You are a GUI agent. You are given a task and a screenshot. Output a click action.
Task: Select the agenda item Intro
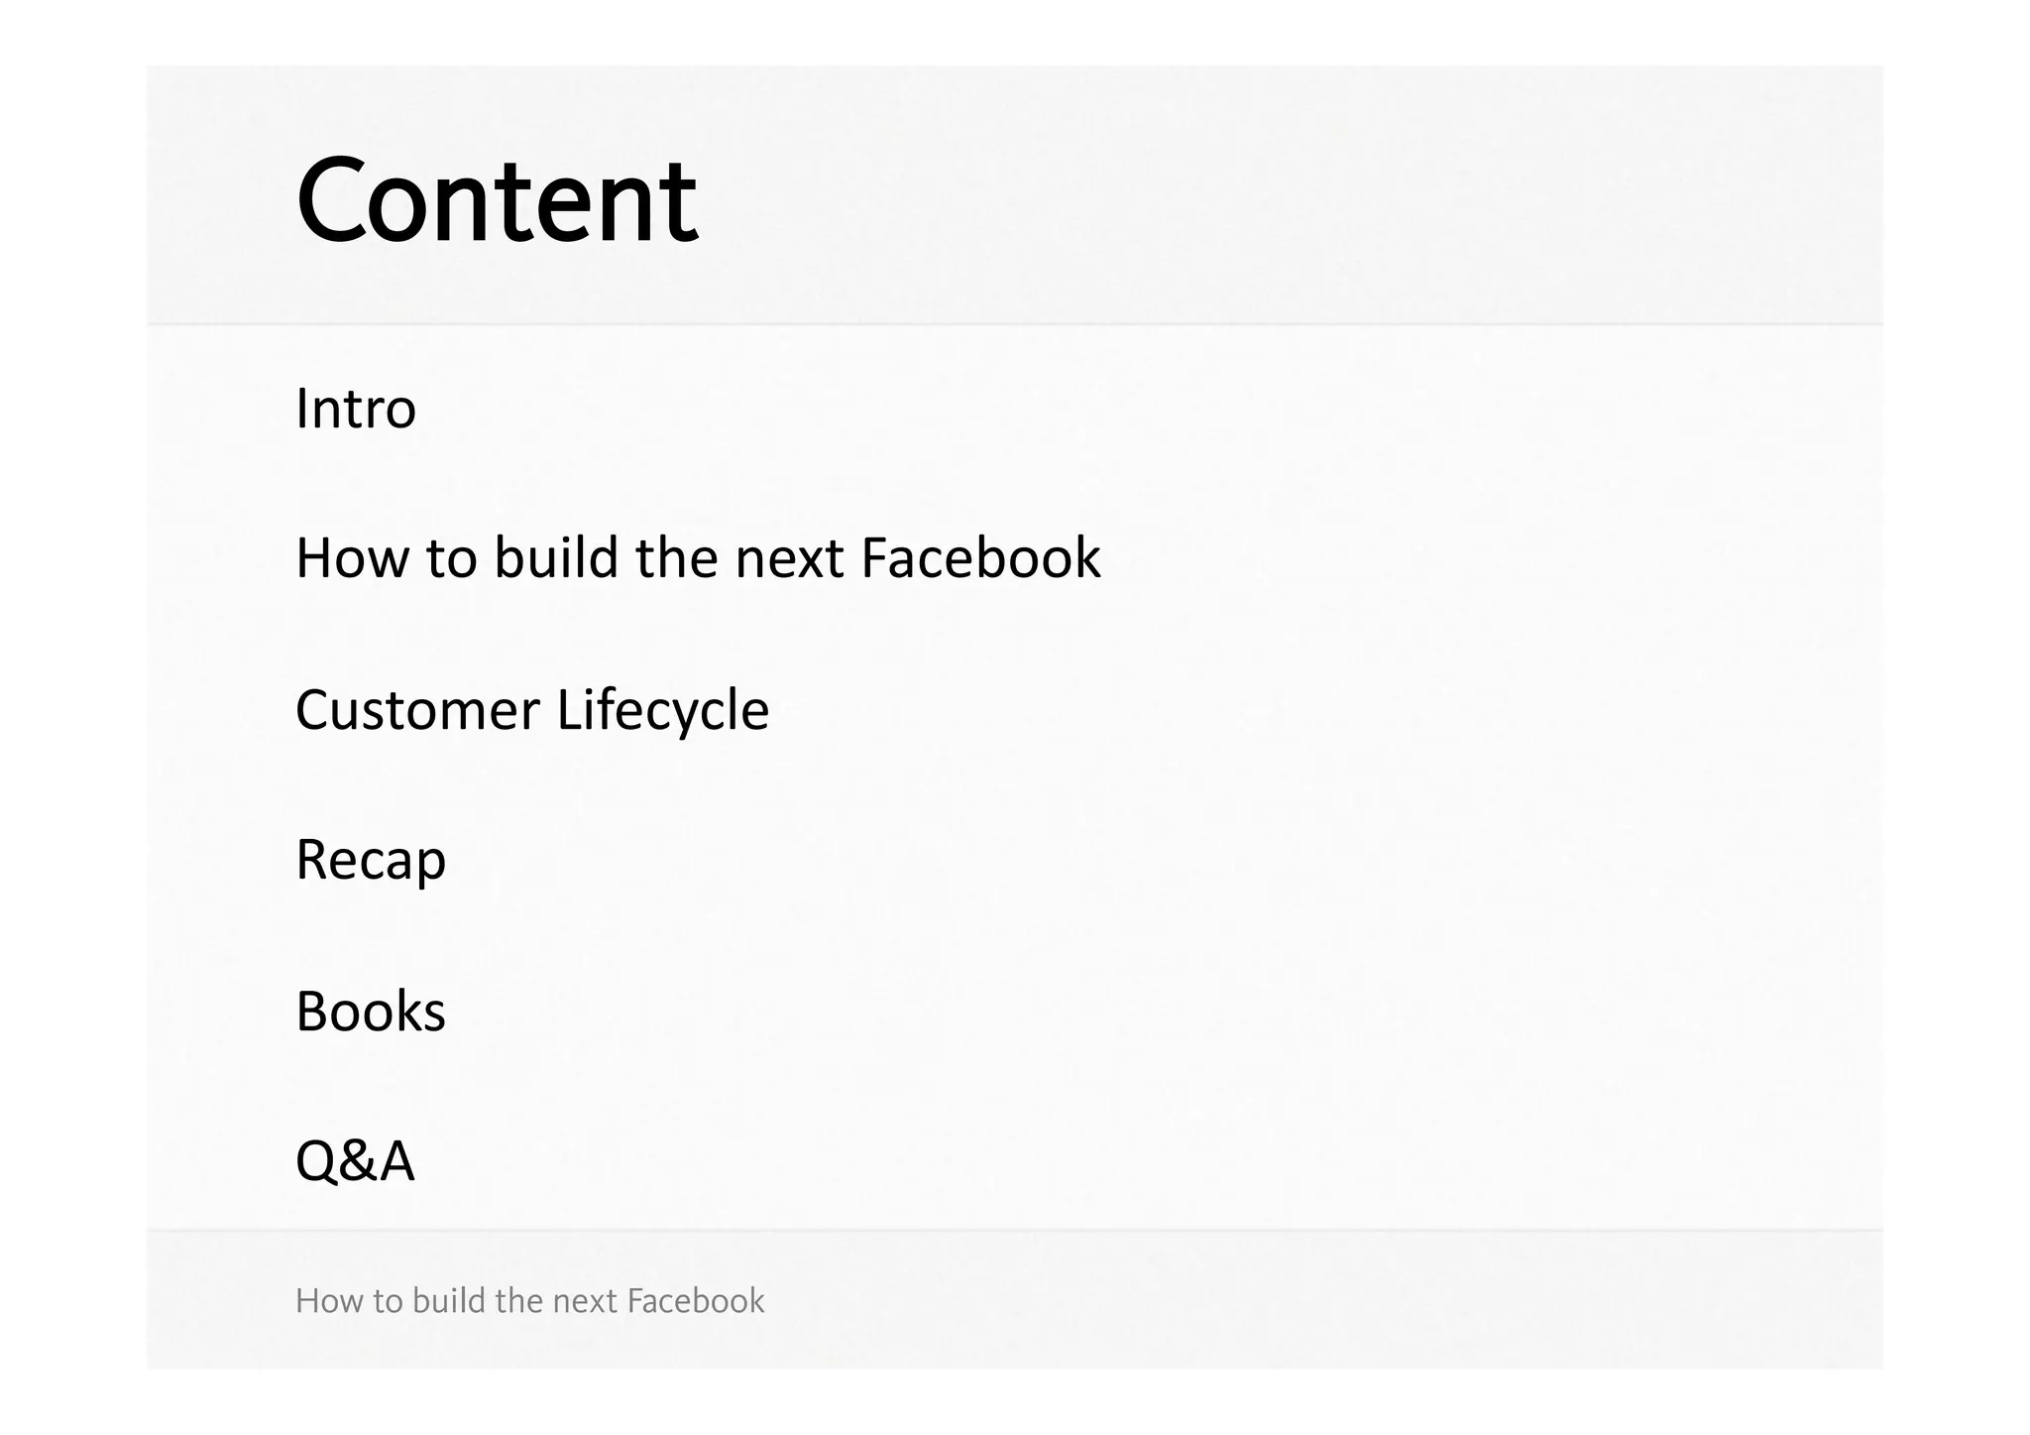(x=356, y=408)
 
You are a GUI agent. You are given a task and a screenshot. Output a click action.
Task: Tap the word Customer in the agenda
(x=417, y=710)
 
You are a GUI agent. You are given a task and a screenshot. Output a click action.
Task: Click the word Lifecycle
(x=662, y=710)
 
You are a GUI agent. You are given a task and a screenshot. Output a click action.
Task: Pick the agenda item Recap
(x=371, y=860)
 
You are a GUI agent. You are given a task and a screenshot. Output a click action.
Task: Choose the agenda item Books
(x=371, y=1012)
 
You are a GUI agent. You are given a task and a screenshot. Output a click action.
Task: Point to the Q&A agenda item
(x=355, y=1160)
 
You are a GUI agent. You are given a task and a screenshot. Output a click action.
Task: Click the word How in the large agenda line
(x=352, y=557)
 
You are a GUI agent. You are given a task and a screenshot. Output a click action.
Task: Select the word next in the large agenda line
(x=789, y=558)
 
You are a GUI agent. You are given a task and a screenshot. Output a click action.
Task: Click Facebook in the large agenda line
(x=980, y=557)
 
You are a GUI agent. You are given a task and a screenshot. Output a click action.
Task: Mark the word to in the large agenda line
(x=451, y=558)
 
